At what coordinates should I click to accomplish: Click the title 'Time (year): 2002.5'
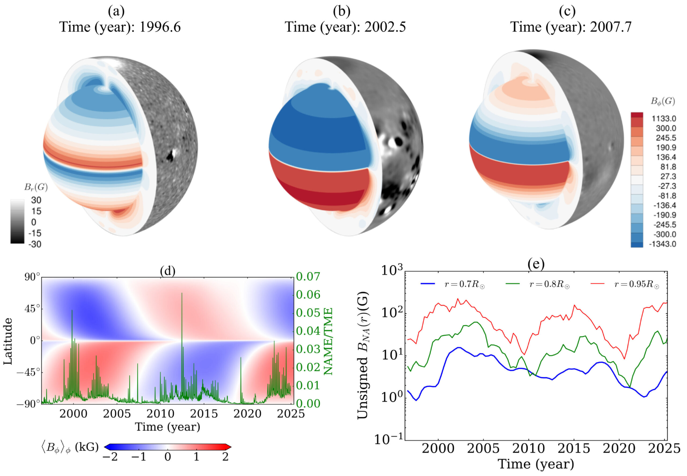point(345,27)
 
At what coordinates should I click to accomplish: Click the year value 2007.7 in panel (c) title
point(611,27)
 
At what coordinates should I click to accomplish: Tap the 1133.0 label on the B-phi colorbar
point(663,119)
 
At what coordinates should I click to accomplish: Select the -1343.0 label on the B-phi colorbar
point(662,244)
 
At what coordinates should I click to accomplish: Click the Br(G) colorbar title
point(36,187)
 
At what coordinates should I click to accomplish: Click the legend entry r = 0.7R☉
point(464,284)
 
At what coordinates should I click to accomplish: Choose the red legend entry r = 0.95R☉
point(636,284)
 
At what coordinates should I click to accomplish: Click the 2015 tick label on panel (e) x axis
point(574,448)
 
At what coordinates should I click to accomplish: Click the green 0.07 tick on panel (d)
point(308,276)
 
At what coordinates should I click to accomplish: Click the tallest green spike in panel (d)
point(182,294)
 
